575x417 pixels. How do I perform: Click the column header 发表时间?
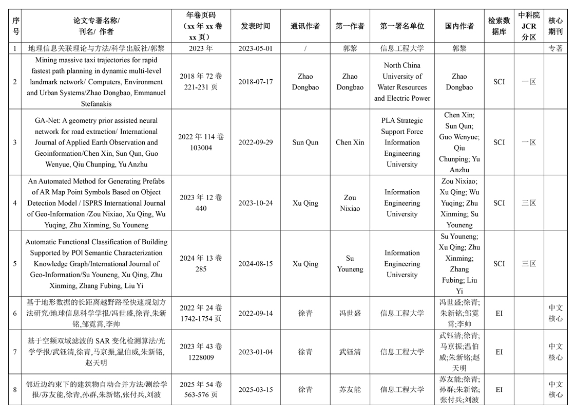click(255, 26)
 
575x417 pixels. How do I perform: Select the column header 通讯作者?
click(305, 26)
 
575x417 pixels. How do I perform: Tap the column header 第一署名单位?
click(402, 26)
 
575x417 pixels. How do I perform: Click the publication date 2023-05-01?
click(255, 49)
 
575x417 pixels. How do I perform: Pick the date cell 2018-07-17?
click(255, 82)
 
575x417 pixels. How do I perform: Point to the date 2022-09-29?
click(255, 142)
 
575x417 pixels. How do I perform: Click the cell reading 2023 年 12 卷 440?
click(201, 203)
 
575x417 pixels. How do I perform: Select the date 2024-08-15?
click(255, 264)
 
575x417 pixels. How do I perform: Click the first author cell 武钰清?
click(350, 352)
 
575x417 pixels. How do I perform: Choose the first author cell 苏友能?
click(350, 389)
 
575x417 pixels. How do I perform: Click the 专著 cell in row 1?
click(555, 49)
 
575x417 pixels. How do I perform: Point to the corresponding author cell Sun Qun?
click(305, 142)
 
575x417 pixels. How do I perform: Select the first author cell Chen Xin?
click(350, 142)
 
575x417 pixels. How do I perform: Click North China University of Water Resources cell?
click(402, 82)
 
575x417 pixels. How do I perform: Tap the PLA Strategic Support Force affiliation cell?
click(402, 142)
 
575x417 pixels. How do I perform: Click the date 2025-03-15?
click(255, 389)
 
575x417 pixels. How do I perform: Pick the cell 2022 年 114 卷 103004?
click(201, 142)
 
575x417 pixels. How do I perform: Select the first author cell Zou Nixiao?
click(350, 203)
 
